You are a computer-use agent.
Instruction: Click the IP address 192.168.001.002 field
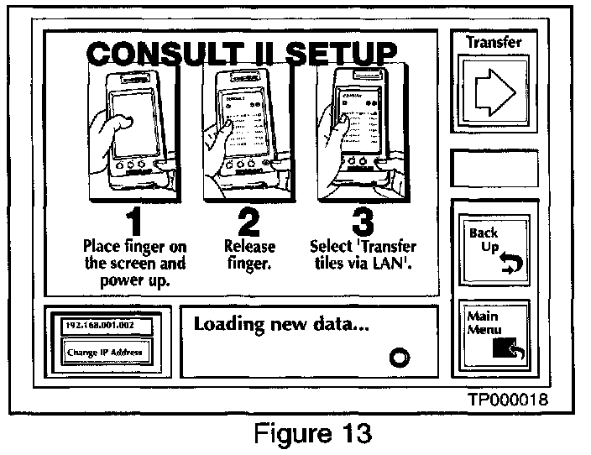tap(100, 323)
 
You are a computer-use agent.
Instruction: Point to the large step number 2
tap(244, 221)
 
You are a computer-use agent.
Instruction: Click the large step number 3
tap(362, 221)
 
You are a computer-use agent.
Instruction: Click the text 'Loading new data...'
tap(282, 324)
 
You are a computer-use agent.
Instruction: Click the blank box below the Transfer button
tap(493, 168)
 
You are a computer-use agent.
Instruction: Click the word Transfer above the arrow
tap(493, 41)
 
